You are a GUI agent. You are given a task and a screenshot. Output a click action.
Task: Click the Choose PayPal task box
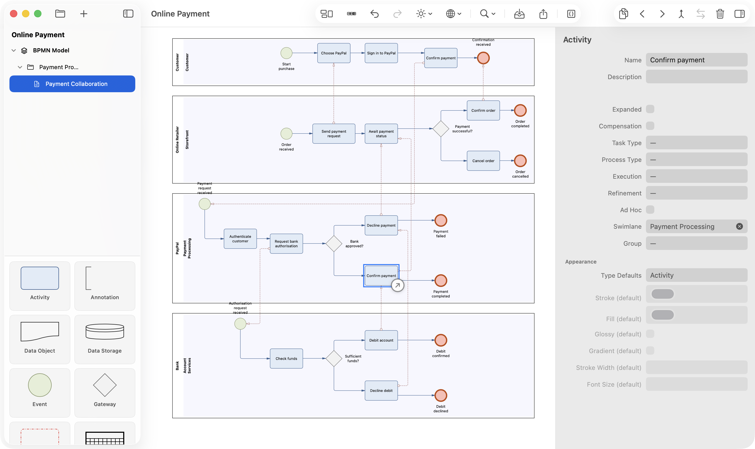point(334,53)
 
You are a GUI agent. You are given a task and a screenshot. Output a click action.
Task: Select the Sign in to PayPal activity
point(381,53)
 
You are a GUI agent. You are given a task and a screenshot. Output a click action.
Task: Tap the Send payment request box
point(334,133)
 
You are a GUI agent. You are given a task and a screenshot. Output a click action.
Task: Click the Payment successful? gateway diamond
point(441,129)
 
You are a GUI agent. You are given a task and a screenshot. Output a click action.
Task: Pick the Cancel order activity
point(483,161)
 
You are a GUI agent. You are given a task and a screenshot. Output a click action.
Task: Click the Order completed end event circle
point(520,111)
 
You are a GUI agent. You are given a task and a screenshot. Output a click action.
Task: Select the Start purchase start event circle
point(286,53)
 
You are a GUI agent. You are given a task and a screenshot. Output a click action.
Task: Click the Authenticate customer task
point(240,239)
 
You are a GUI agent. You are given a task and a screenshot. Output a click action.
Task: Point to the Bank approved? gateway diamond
point(334,244)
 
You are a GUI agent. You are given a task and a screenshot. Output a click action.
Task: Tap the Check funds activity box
point(286,359)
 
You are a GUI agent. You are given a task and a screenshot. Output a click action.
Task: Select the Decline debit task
point(381,391)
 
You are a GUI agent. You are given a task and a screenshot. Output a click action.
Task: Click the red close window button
point(14,14)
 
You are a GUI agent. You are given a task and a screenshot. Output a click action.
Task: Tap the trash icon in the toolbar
point(720,14)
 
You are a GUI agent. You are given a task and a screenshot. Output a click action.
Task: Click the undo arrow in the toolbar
point(374,14)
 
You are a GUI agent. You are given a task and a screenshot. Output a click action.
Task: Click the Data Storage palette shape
point(105,339)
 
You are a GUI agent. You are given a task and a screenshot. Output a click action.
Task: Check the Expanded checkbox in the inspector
point(650,109)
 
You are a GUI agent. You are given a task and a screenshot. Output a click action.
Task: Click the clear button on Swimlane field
point(739,226)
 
